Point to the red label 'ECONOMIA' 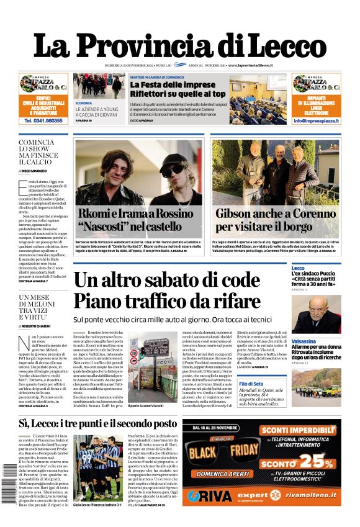pos(84,102)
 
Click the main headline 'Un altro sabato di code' pos(166,281)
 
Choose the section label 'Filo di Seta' pos(305,385)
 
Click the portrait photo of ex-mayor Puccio pos(316,313)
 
